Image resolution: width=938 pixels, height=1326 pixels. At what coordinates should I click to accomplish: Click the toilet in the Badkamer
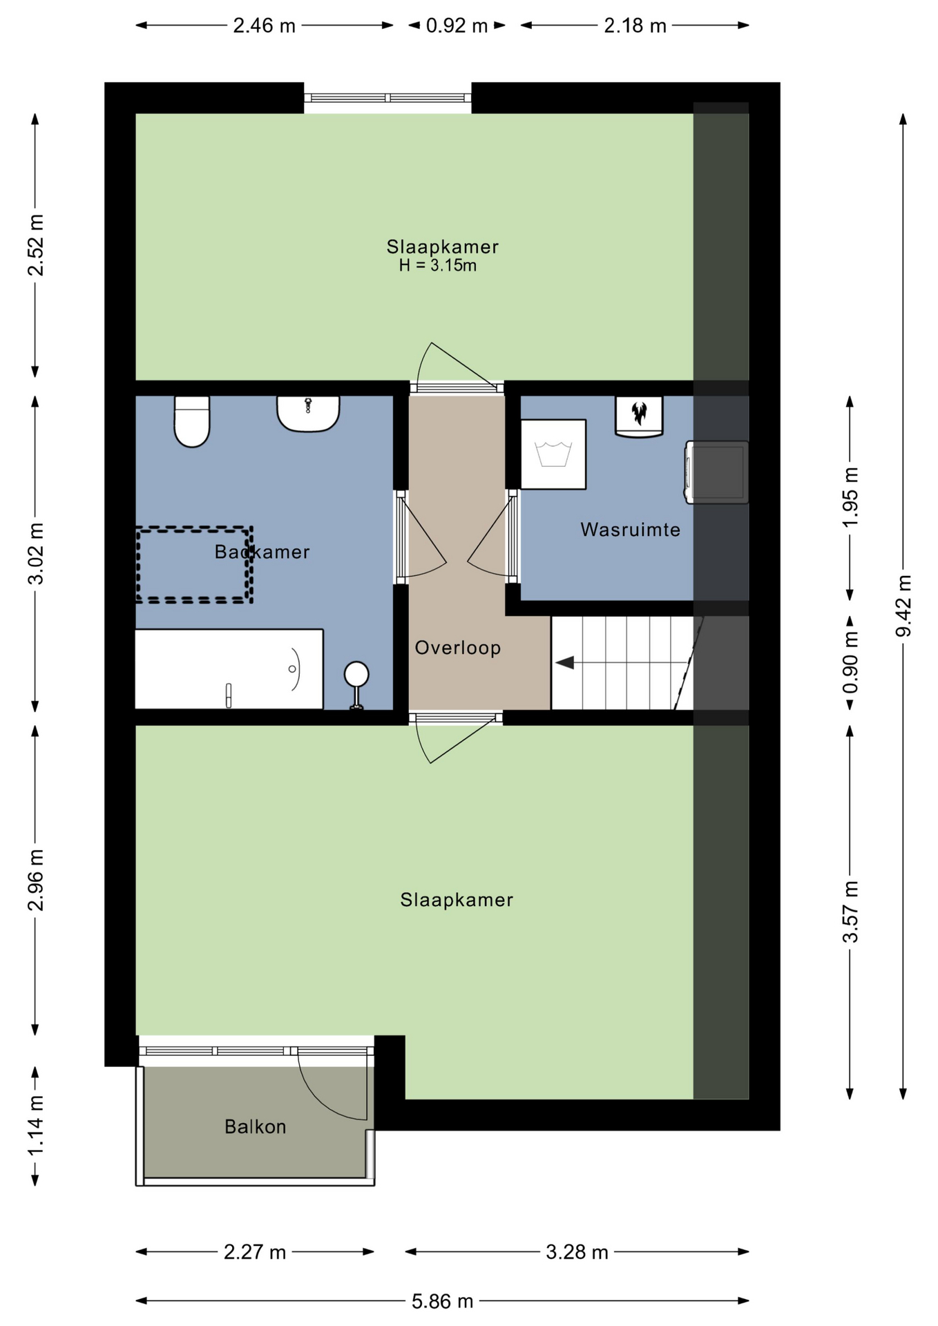(191, 421)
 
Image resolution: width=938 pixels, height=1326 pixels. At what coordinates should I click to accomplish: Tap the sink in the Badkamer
(308, 414)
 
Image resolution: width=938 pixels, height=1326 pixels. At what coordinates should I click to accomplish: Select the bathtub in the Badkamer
(229, 669)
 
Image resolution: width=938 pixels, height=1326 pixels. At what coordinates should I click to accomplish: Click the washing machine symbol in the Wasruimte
(553, 454)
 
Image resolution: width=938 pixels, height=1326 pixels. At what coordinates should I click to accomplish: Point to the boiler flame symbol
(639, 413)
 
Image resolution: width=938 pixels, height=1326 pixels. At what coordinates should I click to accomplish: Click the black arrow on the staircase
(565, 663)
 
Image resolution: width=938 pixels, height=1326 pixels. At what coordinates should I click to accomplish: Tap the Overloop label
(457, 648)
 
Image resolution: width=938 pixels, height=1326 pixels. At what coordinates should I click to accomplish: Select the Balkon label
(255, 1126)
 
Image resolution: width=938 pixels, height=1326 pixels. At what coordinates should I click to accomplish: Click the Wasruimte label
(630, 530)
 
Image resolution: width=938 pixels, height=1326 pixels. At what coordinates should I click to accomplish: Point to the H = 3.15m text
(437, 265)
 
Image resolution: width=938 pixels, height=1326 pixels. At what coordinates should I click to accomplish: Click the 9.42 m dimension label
(903, 606)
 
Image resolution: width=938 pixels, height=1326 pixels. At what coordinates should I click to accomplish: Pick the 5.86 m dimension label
(442, 1301)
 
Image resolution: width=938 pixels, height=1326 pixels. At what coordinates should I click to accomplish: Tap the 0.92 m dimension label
(457, 26)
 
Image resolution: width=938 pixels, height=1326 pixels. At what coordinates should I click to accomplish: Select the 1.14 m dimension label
(35, 1125)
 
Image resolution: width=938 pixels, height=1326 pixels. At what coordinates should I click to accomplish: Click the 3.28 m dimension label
(577, 1252)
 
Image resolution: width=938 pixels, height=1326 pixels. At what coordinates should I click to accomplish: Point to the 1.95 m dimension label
(850, 497)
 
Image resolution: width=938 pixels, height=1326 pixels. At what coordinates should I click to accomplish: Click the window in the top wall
(387, 98)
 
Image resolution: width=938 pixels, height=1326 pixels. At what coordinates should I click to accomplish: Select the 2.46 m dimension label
(264, 26)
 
